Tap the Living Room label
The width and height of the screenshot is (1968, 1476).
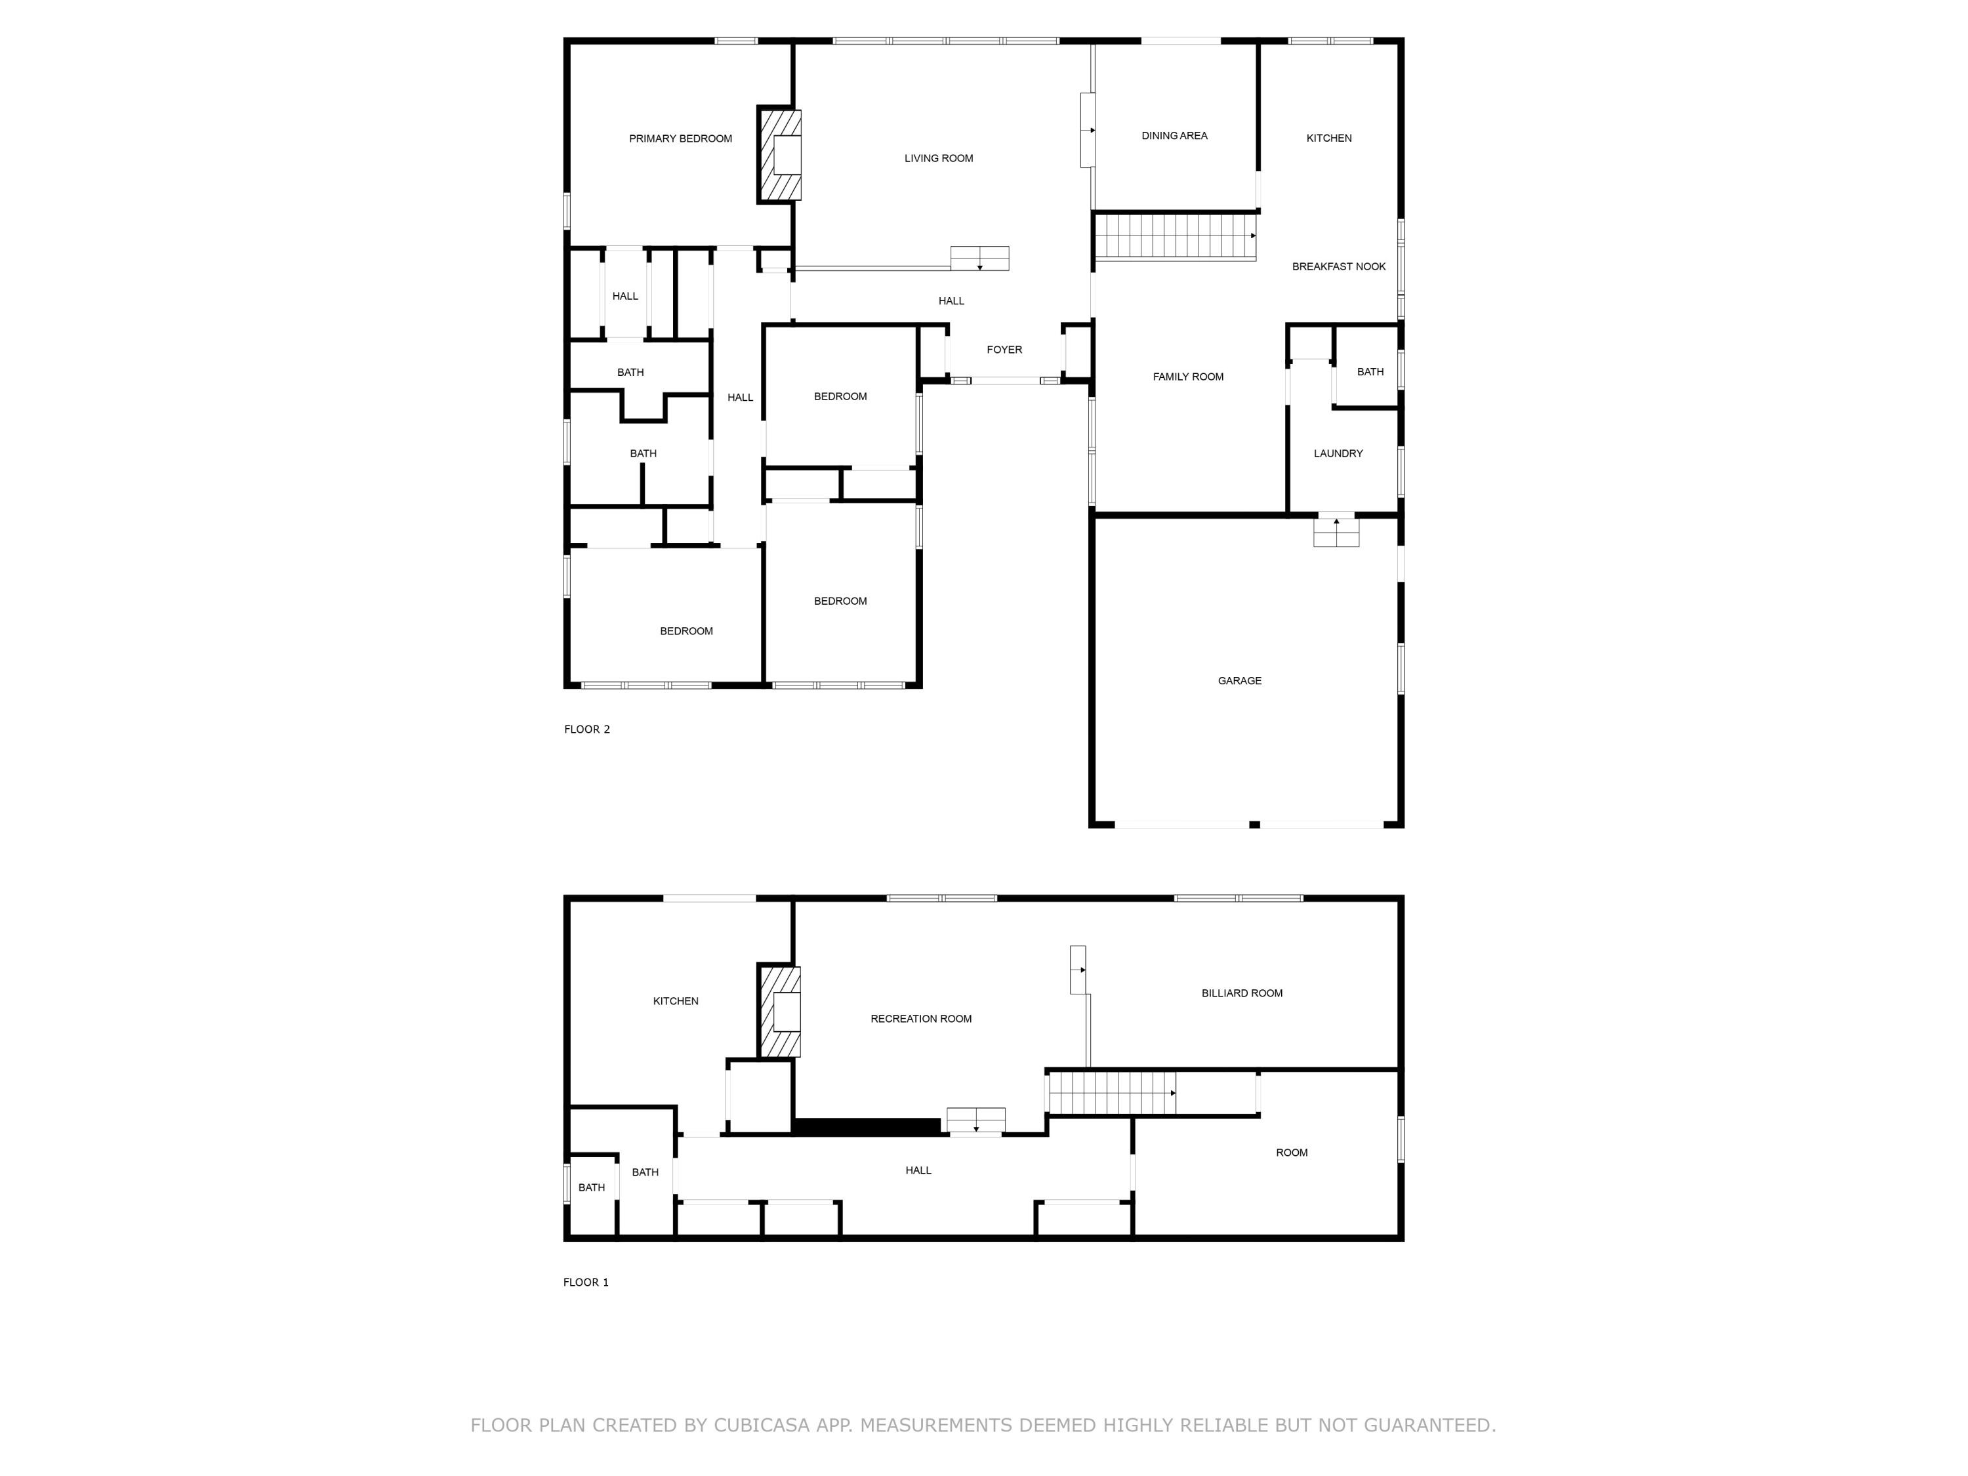click(939, 158)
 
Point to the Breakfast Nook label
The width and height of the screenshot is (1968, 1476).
click(1338, 267)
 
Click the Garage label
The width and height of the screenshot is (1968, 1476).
click(1239, 681)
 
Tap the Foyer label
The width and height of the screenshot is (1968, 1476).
click(1004, 350)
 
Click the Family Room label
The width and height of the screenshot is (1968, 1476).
click(1188, 377)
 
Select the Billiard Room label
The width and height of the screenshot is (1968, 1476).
click(1241, 993)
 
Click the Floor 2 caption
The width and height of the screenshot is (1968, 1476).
click(586, 729)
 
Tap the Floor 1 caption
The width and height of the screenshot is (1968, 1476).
click(585, 1282)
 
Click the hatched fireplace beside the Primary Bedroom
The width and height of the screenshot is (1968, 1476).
click(779, 155)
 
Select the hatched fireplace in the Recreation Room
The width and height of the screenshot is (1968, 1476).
click(779, 1012)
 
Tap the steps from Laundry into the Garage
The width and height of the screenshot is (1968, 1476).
click(1336, 532)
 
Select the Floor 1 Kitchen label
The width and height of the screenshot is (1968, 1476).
click(675, 1001)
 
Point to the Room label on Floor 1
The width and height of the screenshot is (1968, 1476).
click(1291, 1152)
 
